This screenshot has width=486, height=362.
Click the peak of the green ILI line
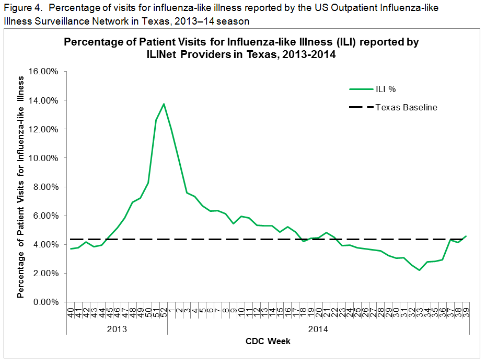pyautogui.click(x=164, y=104)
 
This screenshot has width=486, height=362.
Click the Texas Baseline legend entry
pyautogui.click(x=406, y=107)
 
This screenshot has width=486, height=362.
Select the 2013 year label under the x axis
pyautogui.click(x=117, y=330)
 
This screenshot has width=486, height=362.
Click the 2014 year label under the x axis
pyautogui.click(x=318, y=330)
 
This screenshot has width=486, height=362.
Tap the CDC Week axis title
pyautogui.click(x=268, y=342)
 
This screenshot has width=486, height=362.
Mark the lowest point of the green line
pyautogui.click(x=419, y=270)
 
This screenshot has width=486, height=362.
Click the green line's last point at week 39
pyautogui.click(x=466, y=236)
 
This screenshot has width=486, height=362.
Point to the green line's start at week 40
pyautogui.click(x=71, y=248)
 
